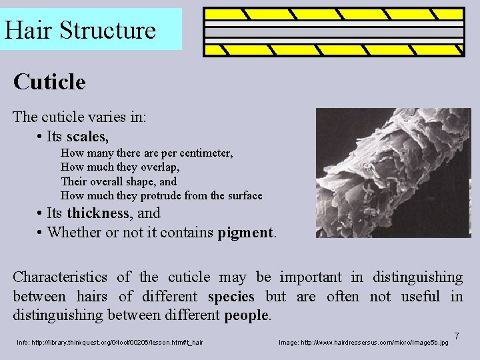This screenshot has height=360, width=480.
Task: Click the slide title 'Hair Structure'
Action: [80, 30]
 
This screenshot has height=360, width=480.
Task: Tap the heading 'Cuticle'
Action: [49, 83]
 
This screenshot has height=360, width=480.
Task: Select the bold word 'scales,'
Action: [87, 137]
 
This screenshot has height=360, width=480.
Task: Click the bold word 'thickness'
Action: [98, 213]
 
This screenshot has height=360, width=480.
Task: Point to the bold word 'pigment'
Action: [245, 233]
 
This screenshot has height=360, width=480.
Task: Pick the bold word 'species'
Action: [231, 296]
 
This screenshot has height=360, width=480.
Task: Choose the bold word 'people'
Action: [246, 315]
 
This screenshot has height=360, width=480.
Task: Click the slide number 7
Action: [457, 335]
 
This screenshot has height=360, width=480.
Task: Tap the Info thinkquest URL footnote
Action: [110, 343]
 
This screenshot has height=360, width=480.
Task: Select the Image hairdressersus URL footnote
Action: [363, 343]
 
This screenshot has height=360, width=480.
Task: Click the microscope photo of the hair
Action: [393, 173]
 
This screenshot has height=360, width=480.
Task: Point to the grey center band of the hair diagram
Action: [334, 31]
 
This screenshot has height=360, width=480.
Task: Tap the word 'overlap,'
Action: [158, 167]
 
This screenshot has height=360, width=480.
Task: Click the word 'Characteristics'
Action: [60, 277]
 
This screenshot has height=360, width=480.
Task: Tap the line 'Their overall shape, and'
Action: [119, 181]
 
